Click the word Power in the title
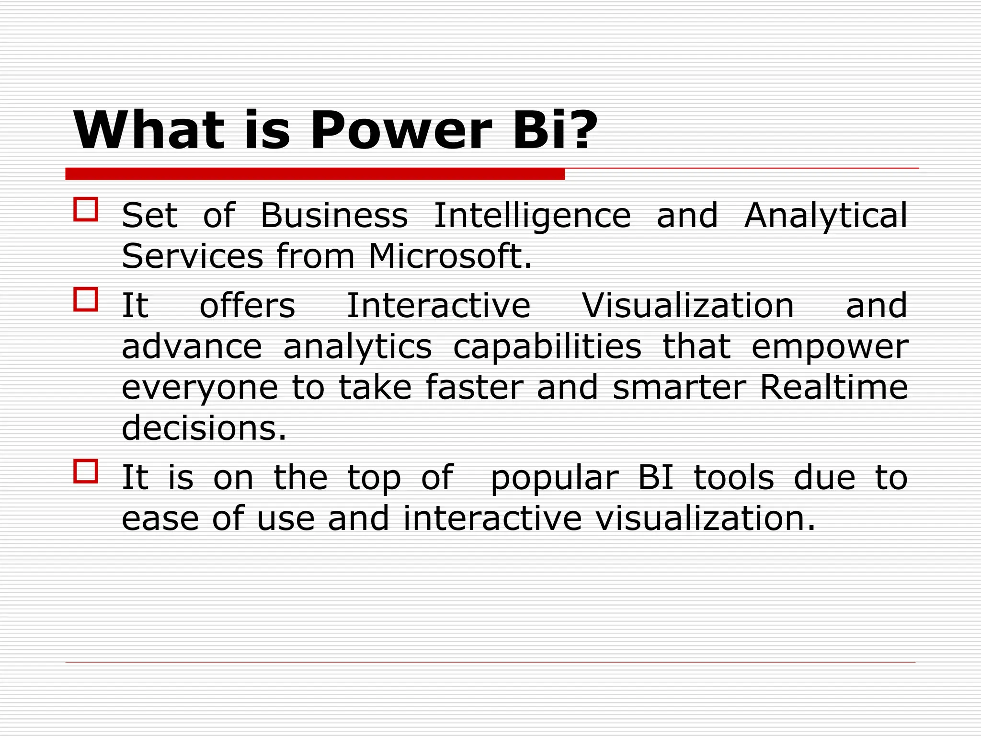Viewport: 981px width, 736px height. (x=401, y=130)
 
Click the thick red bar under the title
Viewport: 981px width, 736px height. (x=315, y=174)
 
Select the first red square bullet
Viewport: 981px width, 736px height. (x=86, y=209)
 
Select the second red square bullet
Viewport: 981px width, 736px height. (x=86, y=299)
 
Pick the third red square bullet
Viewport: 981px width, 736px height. (x=86, y=471)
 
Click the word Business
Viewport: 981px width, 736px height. (x=334, y=215)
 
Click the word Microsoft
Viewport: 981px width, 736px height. (x=450, y=256)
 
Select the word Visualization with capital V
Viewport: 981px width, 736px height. (x=688, y=306)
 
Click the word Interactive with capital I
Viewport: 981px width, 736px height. (x=438, y=306)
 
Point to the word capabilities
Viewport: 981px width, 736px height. (x=547, y=347)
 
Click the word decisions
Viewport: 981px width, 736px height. (x=204, y=428)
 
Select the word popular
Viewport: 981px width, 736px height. (x=555, y=479)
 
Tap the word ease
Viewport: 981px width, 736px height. (x=160, y=518)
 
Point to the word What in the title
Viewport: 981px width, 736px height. (x=148, y=130)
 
